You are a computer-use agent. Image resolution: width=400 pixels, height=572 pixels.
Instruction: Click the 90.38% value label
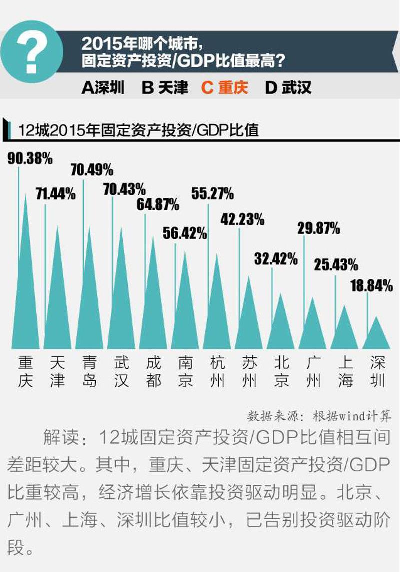click(x=30, y=159)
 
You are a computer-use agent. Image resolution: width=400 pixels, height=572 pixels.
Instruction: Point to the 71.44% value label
click(x=55, y=194)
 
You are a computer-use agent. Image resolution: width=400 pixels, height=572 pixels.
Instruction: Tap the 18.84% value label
click(x=371, y=286)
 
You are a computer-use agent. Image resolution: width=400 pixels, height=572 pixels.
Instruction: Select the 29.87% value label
click(x=319, y=228)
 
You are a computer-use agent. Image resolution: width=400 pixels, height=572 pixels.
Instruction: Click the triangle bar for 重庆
click(x=25, y=290)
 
